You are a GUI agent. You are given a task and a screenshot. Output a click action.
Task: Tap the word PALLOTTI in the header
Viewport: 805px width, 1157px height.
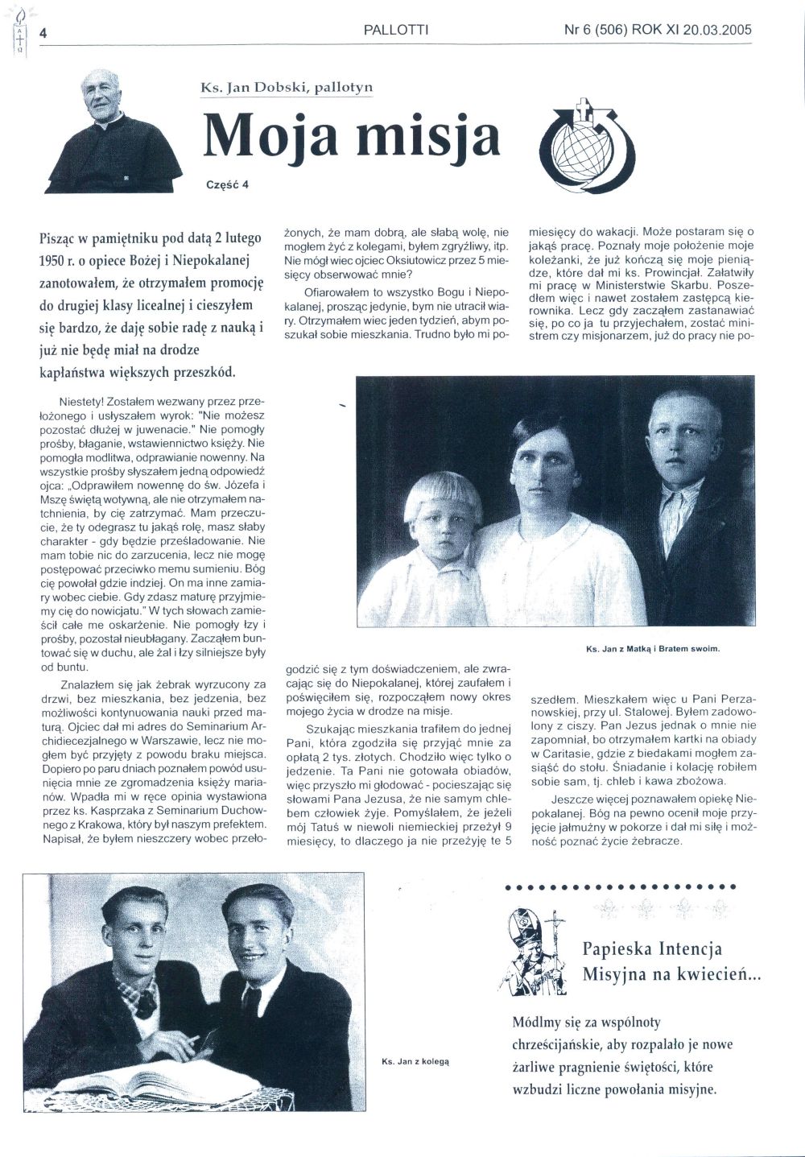[x=396, y=31]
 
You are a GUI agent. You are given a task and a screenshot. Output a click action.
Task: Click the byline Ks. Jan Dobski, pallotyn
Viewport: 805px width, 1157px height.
[x=287, y=88]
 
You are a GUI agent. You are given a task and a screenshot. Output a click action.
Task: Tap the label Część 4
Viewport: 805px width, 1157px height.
[x=228, y=184]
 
